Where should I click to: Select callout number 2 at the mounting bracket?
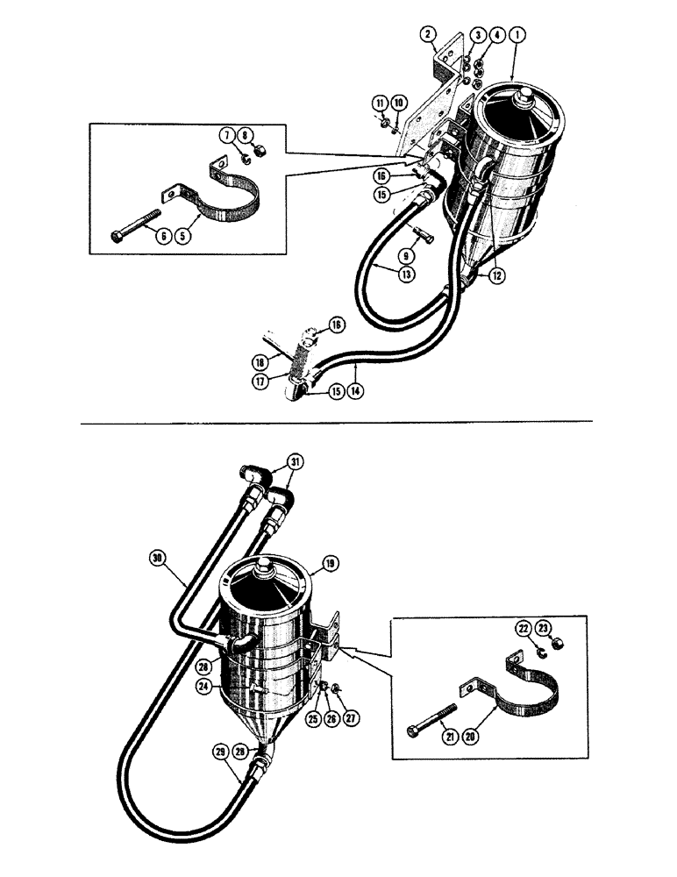click(x=428, y=34)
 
